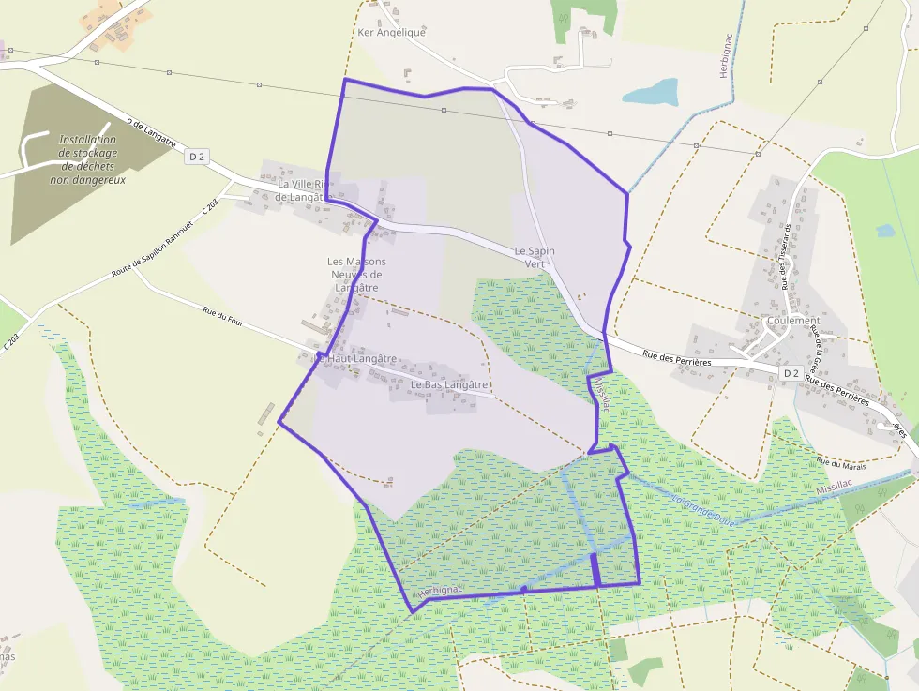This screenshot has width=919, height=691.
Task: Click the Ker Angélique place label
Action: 392,32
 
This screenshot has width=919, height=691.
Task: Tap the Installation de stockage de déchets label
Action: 87,158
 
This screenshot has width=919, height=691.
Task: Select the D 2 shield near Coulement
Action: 791,373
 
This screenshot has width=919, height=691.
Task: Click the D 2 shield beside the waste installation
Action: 196,157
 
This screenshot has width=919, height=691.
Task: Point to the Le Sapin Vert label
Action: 535,258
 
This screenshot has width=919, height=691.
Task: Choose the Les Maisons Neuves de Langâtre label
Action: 356,274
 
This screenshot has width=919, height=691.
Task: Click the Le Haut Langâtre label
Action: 356,359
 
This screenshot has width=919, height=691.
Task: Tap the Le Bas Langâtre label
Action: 449,384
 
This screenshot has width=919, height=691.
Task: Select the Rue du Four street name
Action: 222,319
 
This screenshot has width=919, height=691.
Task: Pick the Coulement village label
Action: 793,321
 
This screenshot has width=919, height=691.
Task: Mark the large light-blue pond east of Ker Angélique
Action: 651,91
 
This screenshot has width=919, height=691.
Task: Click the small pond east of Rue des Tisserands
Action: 885,230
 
